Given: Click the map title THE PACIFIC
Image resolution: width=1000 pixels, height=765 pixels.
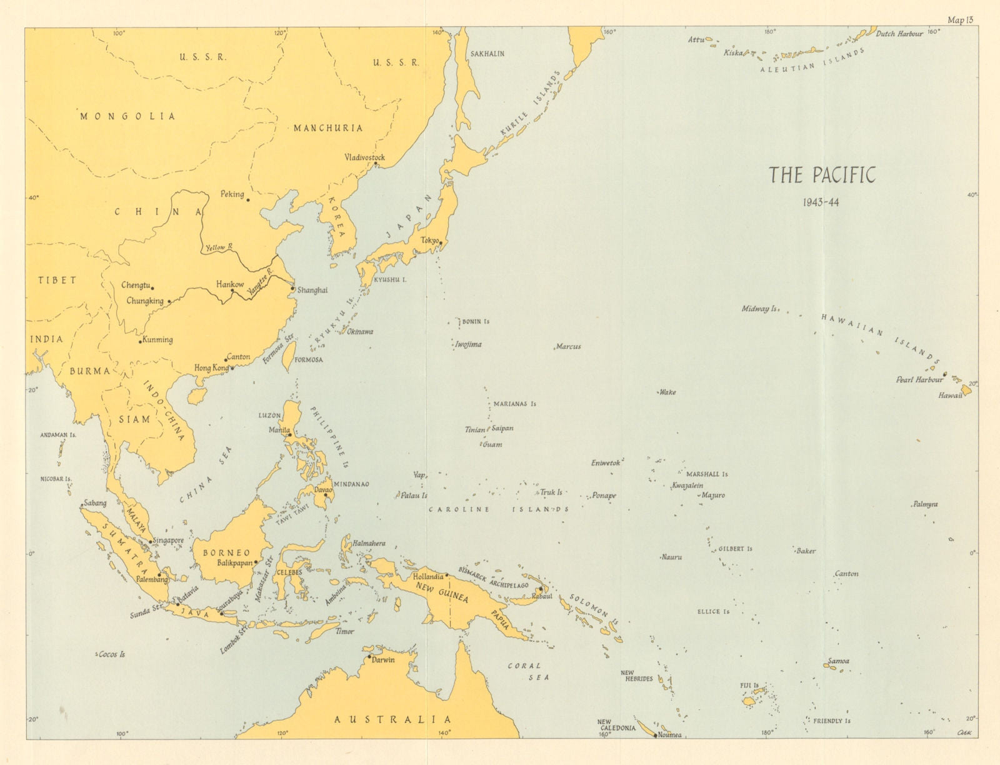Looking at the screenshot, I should (x=822, y=175).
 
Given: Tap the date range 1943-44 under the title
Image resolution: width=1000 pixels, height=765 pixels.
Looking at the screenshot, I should (x=822, y=202).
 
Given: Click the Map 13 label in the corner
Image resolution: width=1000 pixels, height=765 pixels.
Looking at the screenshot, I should (x=960, y=20).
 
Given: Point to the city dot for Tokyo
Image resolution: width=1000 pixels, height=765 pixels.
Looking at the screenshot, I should (x=441, y=243).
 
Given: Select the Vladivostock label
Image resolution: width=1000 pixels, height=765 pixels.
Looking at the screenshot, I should (x=364, y=157).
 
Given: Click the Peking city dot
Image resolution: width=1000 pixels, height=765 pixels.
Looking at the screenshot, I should (x=248, y=200).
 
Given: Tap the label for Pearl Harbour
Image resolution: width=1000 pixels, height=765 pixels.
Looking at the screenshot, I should (x=919, y=379).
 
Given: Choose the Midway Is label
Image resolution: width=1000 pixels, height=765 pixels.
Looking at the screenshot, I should (x=759, y=309).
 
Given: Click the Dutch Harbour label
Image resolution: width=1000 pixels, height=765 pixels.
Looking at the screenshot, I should (x=899, y=34).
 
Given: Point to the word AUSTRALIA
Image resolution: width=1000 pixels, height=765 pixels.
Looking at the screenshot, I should (x=392, y=719).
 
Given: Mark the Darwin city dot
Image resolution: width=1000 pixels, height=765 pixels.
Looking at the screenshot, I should (x=368, y=657).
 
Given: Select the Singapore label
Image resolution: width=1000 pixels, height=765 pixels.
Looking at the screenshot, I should (x=168, y=541).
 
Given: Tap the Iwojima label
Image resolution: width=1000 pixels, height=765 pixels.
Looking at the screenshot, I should (x=468, y=344).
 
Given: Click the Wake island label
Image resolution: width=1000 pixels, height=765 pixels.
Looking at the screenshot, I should (x=667, y=392).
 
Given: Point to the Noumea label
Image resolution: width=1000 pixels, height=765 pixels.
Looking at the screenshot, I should (x=669, y=735).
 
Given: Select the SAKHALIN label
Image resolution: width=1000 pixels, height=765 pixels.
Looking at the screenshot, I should (x=487, y=54).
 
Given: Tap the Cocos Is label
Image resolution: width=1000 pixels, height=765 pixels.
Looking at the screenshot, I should (x=112, y=654).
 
